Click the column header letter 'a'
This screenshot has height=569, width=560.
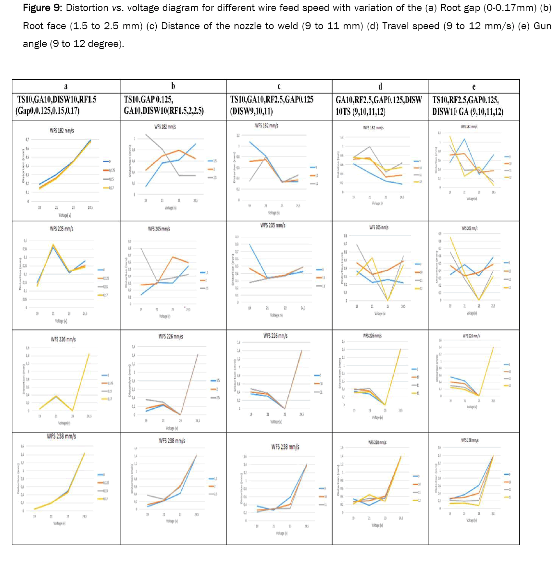[66, 86]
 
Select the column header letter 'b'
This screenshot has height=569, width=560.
[173, 86]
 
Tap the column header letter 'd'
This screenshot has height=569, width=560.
[380, 86]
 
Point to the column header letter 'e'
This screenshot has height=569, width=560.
[474, 86]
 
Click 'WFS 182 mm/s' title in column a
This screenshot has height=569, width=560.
[62, 130]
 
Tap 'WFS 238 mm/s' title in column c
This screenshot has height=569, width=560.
[285, 447]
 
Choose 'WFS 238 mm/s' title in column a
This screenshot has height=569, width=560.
[61, 436]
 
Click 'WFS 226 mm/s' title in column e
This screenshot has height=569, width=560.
[471, 336]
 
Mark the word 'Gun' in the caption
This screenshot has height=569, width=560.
[542, 26]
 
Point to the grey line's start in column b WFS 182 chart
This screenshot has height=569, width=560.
[146, 134]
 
